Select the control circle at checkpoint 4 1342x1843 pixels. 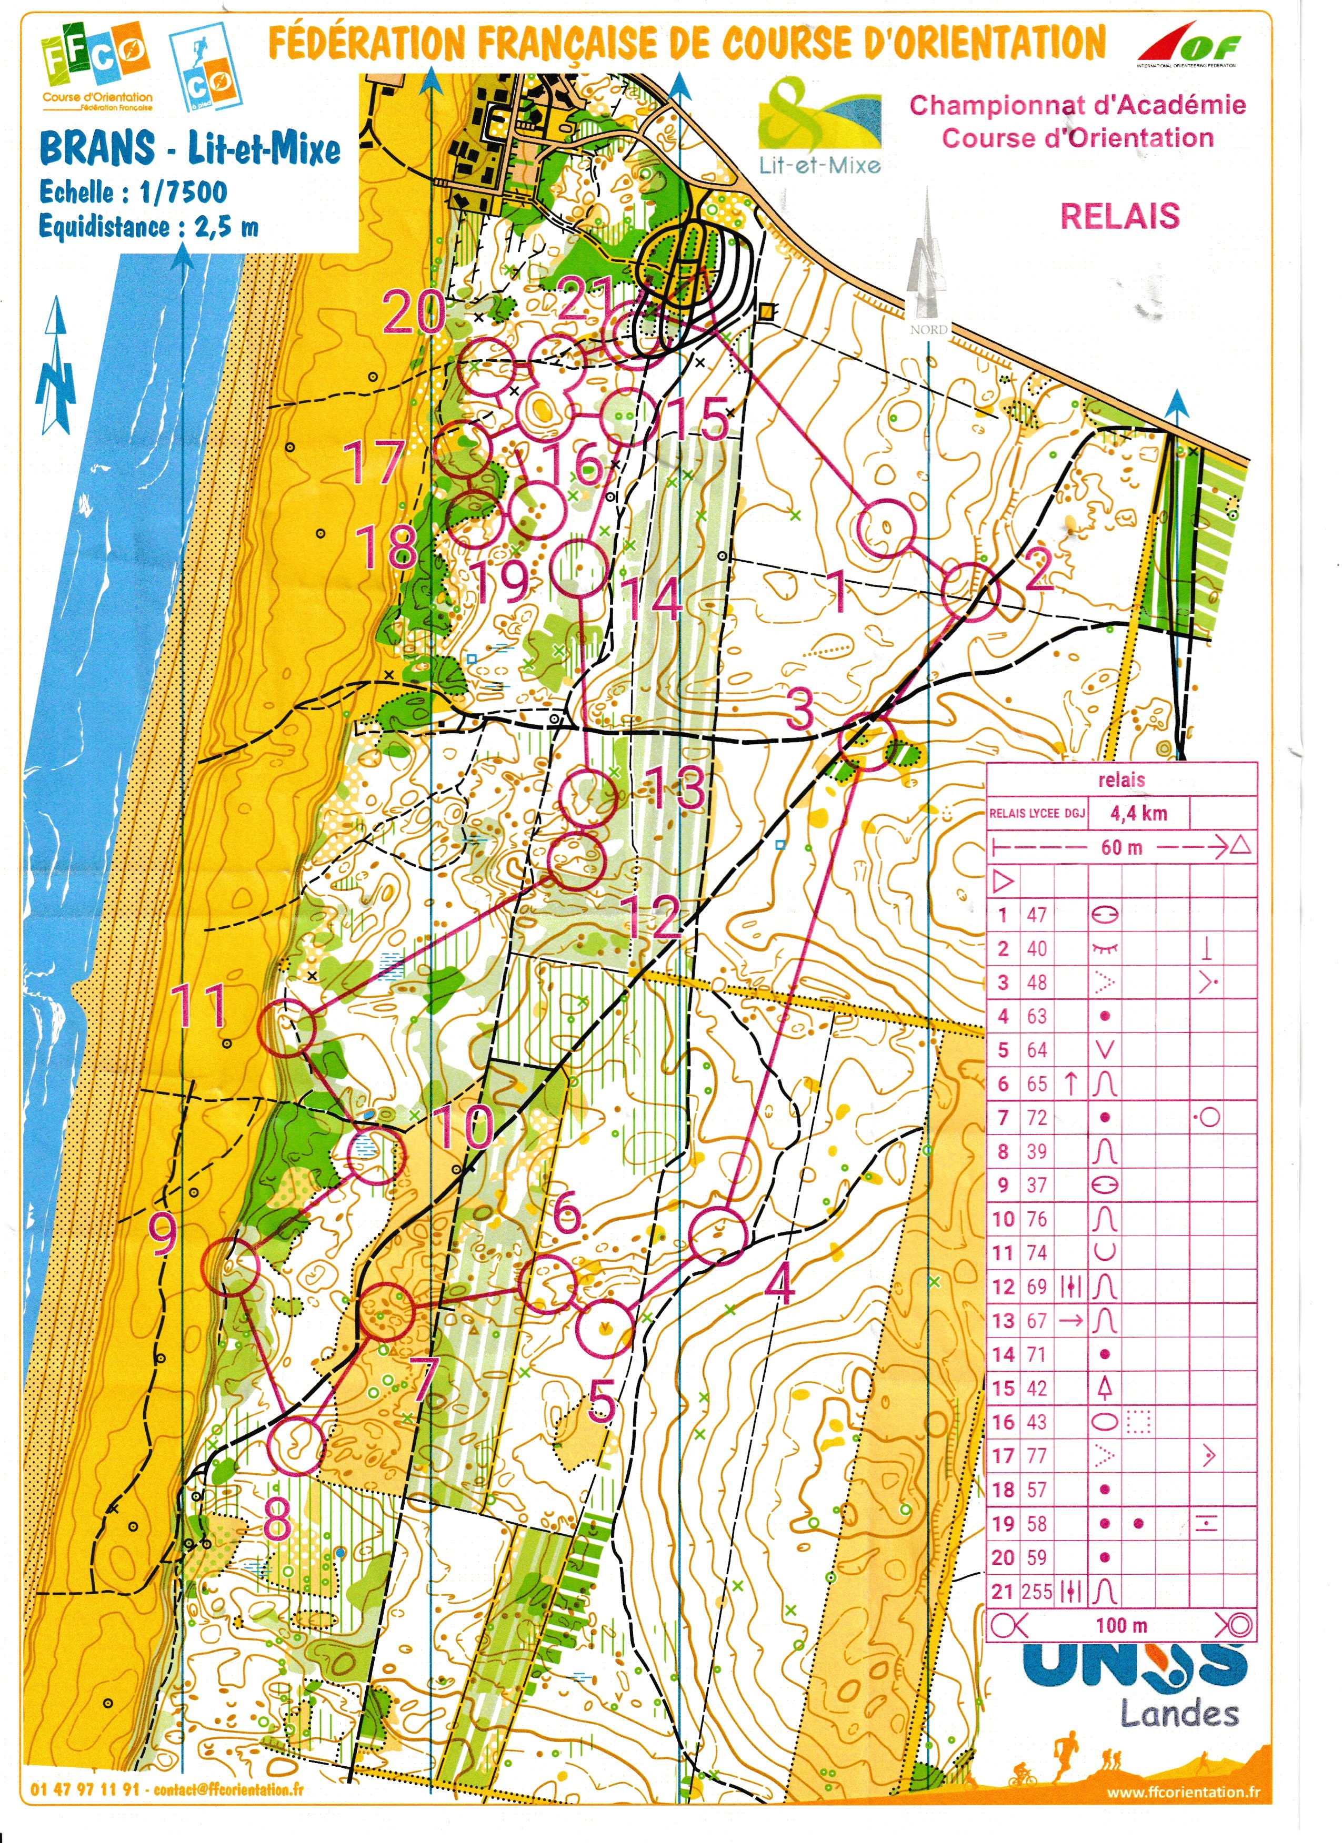click(x=718, y=1236)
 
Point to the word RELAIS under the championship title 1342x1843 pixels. click(x=1119, y=216)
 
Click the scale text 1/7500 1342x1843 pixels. click(x=183, y=193)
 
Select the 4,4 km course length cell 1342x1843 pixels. click(x=1139, y=813)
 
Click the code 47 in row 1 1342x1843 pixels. click(x=1036, y=915)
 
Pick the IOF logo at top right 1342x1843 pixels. click(x=1188, y=46)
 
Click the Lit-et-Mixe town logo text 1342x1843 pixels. click(x=819, y=166)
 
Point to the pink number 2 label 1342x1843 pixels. click(x=1039, y=574)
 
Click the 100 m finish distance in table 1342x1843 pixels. click(x=1121, y=1625)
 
